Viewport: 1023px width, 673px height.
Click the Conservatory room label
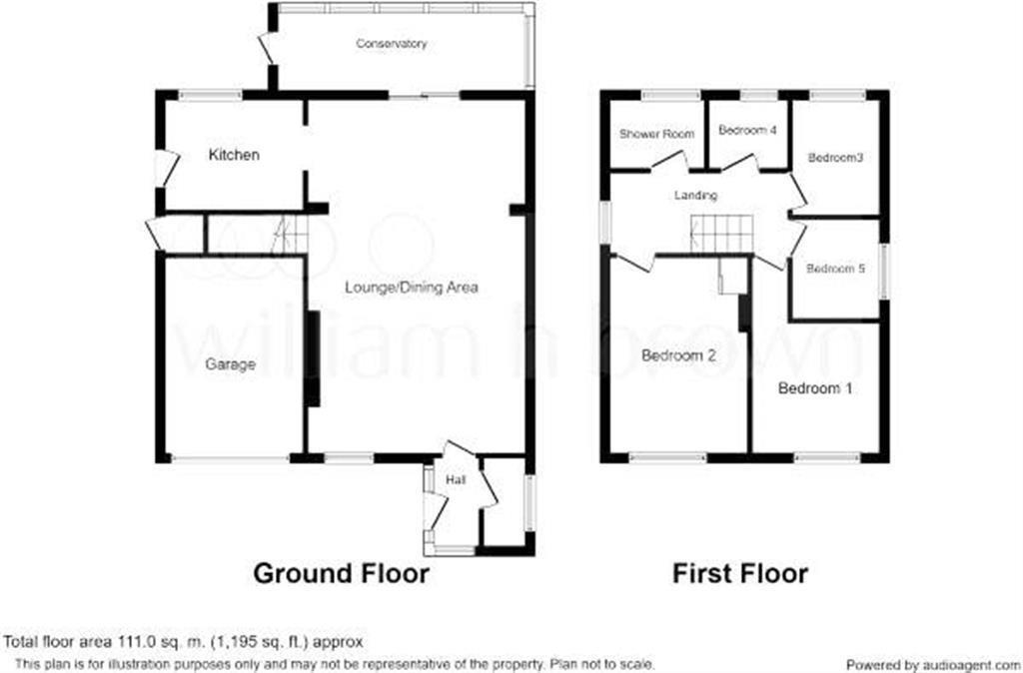click(393, 44)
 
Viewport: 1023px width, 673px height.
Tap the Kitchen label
click(234, 155)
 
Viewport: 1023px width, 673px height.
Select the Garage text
click(231, 364)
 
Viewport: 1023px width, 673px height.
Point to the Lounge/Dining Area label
click(412, 288)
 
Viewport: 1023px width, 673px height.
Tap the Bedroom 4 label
click(747, 131)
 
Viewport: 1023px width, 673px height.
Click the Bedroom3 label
click(835, 158)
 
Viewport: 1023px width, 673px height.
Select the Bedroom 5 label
click(834, 269)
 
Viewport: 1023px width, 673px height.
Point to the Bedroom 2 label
click(678, 355)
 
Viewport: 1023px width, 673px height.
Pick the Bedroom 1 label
click(815, 388)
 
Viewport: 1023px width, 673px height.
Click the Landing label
click(695, 196)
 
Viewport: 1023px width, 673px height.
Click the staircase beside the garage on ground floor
click(289, 236)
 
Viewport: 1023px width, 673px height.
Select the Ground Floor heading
click(341, 573)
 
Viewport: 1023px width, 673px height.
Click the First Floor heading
click(739, 573)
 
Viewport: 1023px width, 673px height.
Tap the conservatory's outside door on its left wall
click(266, 48)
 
